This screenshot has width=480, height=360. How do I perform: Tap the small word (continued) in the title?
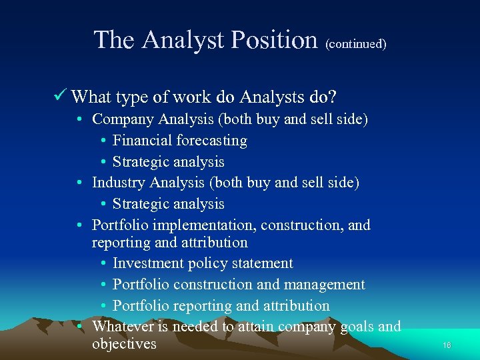tap(356, 45)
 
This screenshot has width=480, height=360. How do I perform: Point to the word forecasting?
tap(211, 141)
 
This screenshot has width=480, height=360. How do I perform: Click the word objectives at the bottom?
tap(124, 344)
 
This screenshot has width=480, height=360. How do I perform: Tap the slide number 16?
tap(447, 345)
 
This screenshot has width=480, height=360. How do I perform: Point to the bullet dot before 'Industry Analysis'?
tap(79, 183)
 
